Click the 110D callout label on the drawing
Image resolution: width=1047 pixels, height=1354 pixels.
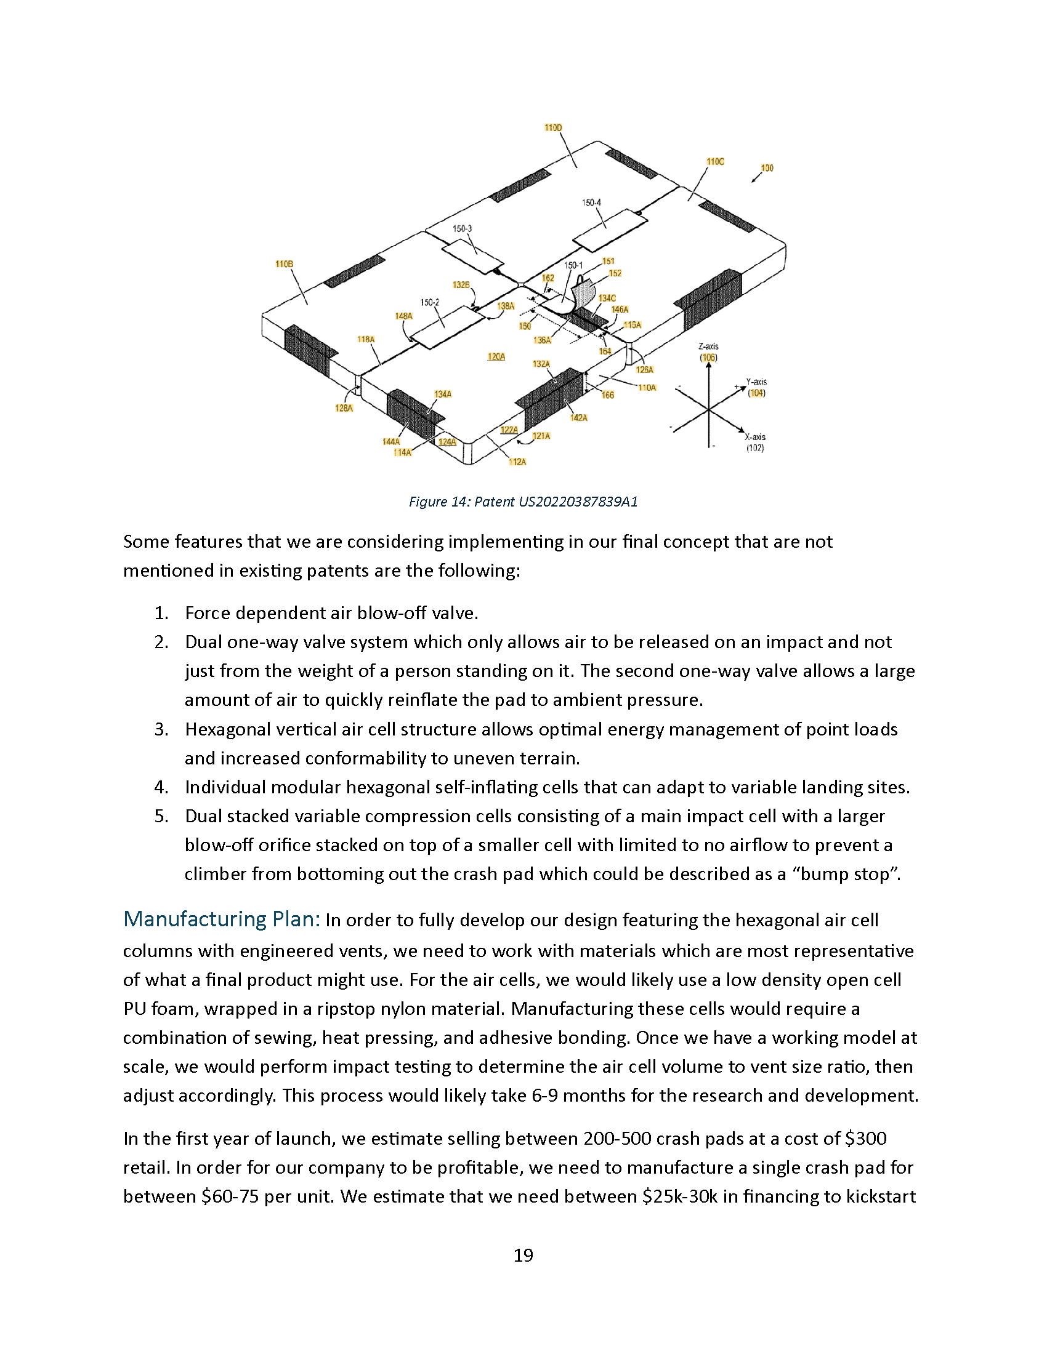[552, 128]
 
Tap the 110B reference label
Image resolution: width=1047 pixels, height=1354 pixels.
[284, 264]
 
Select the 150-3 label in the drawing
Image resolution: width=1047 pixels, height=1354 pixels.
[461, 229]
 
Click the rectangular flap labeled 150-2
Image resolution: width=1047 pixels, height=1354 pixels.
[447, 326]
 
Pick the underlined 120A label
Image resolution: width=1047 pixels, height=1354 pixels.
[496, 356]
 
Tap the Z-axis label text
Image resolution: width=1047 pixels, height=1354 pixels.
[708, 347]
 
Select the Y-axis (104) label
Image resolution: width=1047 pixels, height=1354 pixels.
[756, 388]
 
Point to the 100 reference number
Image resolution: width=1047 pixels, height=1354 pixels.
[767, 168]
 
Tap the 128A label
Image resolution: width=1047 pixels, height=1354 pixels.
[344, 408]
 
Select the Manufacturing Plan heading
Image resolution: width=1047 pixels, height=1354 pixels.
[222, 919]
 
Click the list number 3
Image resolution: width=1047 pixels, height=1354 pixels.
[161, 729]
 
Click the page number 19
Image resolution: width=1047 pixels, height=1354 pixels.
[523, 1256]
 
